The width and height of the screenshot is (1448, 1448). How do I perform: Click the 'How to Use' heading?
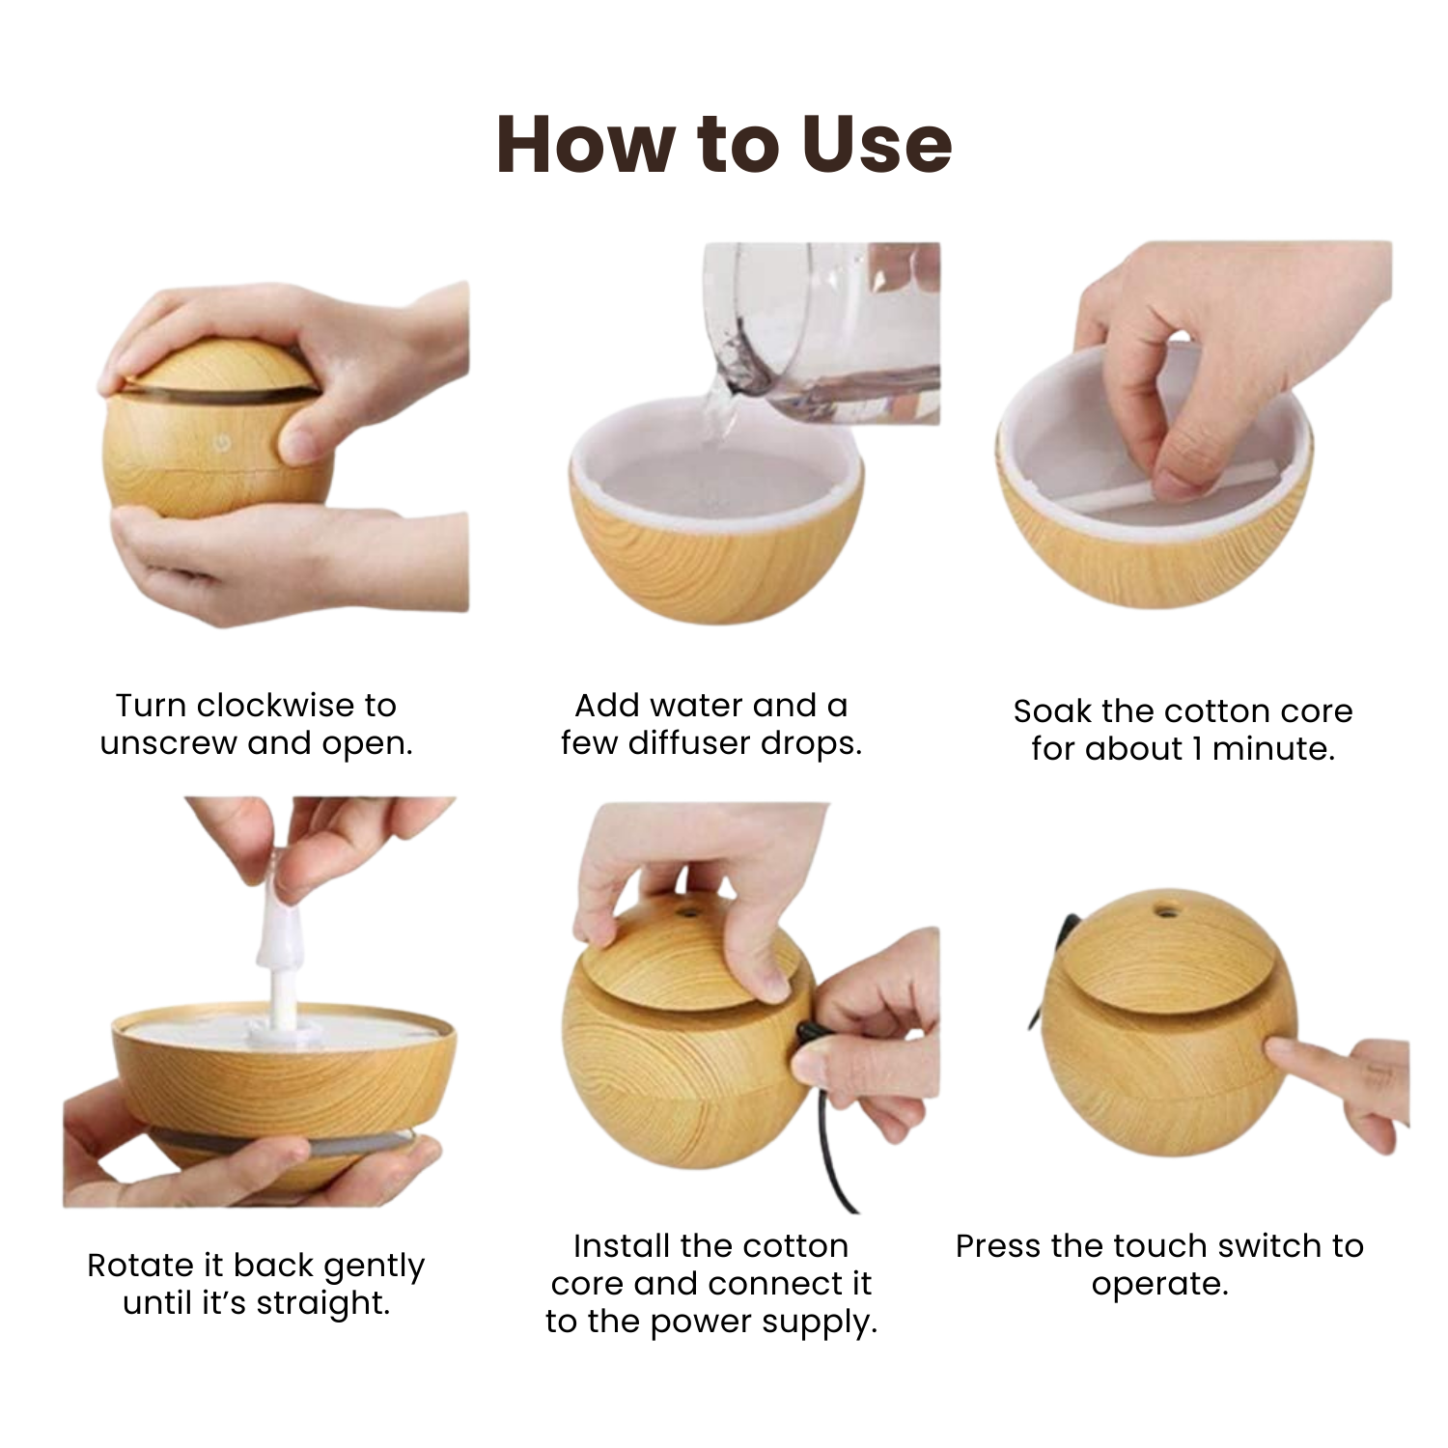coord(724,145)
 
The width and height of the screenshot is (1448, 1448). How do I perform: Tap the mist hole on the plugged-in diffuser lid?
coord(687,911)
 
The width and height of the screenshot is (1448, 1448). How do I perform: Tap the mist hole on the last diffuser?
coord(1168,910)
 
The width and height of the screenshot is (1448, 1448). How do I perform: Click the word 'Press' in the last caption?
coord(999,1246)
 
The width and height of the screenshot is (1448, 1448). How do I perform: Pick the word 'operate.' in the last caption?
coord(1159,1285)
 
